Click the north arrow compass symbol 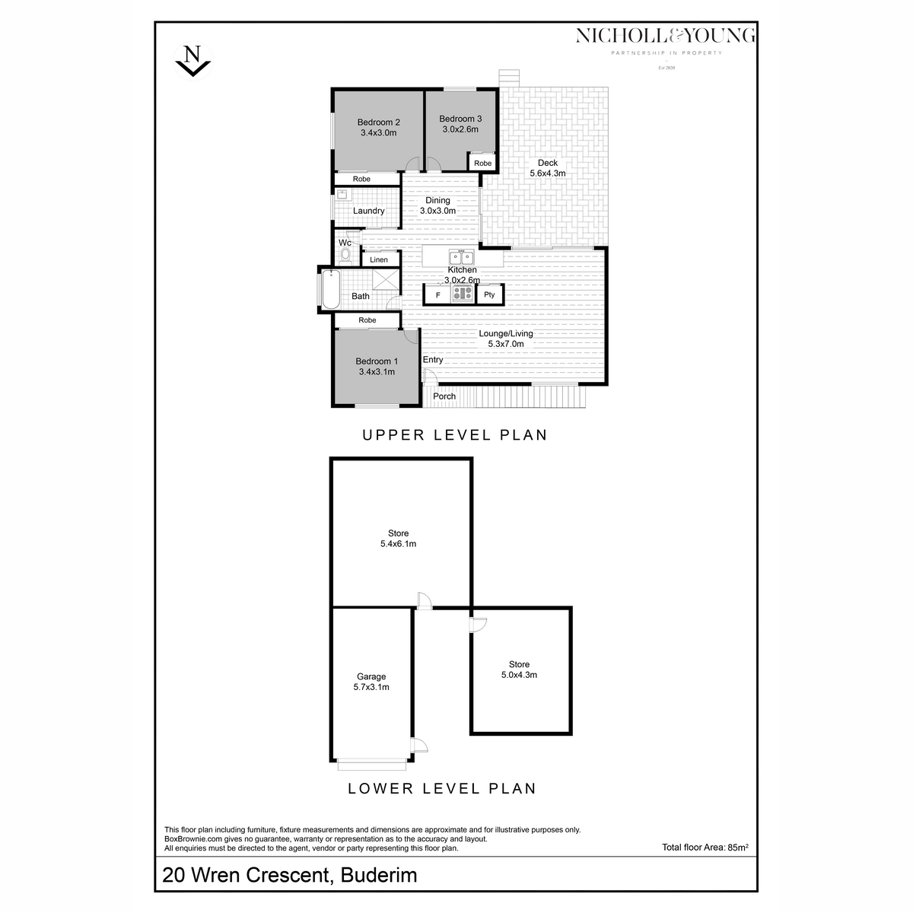pos(193,60)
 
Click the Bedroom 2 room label pos(378,122)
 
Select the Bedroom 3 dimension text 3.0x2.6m pos(460,129)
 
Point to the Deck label pos(547,163)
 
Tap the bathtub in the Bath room pos(329,289)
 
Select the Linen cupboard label pos(379,260)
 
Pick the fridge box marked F pos(437,295)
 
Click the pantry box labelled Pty pos(489,295)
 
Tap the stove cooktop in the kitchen pos(463,294)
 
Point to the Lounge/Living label pos(506,333)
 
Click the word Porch pos(444,396)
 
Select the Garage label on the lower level pos(371,676)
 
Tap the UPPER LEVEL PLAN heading pos(454,436)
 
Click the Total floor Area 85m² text pos(706,847)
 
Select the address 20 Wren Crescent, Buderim pos(290,875)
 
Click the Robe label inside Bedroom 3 pos(482,164)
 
